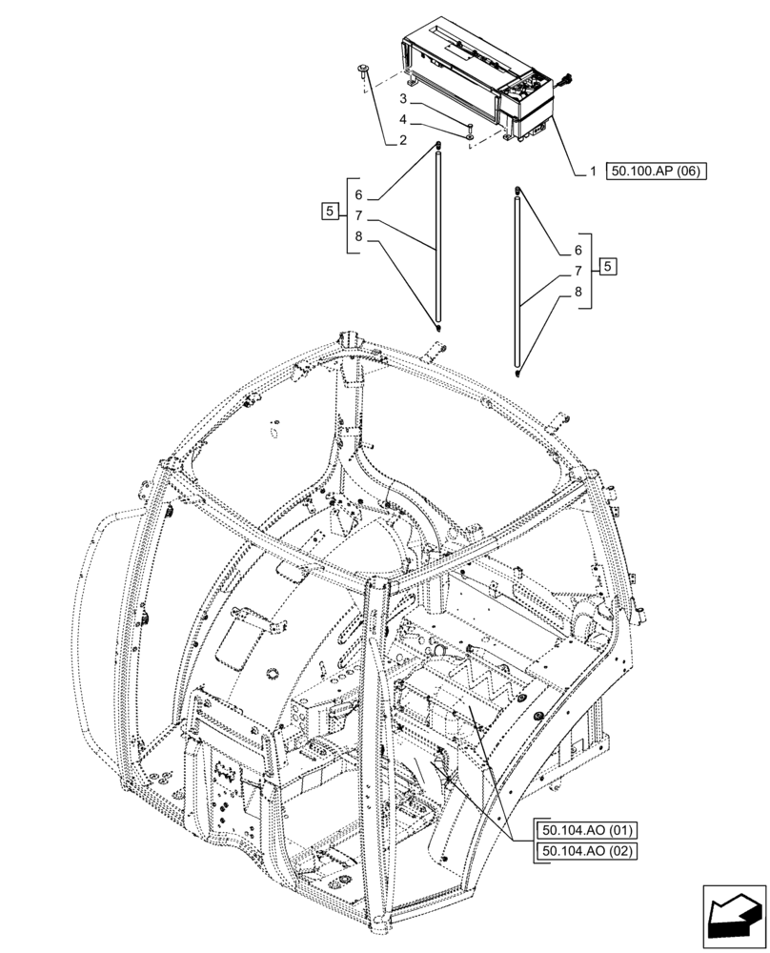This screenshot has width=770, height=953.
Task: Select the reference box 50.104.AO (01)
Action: (586, 829)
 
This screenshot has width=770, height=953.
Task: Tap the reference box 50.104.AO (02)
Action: (586, 851)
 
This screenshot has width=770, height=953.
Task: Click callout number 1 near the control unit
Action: (592, 172)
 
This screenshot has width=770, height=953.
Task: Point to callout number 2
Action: (403, 141)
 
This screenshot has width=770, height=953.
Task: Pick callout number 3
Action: (403, 99)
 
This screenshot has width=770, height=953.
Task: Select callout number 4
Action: (403, 120)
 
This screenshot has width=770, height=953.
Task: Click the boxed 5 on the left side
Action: (330, 212)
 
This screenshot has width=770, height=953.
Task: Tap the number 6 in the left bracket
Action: (358, 194)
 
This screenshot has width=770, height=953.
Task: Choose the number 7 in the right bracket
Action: (577, 271)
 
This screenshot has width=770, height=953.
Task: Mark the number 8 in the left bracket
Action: (358, 236)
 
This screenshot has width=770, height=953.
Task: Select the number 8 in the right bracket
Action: (577, 292)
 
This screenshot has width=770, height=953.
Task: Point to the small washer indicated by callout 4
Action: (470, 138)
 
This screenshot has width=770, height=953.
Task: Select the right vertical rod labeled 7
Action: (517, 276)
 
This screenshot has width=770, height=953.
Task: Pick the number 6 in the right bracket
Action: (577, 250)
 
